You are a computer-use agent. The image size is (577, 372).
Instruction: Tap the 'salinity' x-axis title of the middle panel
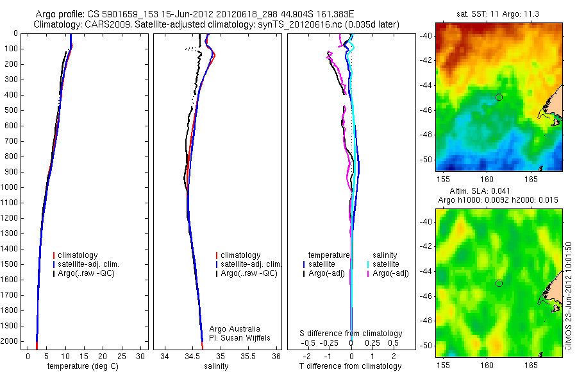tap(215, 366)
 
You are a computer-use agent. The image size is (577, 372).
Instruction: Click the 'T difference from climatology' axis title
tap(350, 366)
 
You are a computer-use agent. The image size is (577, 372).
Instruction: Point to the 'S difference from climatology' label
tap(351, 334)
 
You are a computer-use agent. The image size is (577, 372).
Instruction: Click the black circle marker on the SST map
tap(499, 97)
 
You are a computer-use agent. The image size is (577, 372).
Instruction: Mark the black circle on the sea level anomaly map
tap(499, 283)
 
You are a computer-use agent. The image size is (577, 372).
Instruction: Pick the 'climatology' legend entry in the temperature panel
tap(79, 255)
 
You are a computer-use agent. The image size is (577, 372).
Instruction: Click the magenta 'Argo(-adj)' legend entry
tap(390, 274)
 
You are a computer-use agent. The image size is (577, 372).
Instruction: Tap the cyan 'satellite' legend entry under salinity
tap(385, 264)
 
